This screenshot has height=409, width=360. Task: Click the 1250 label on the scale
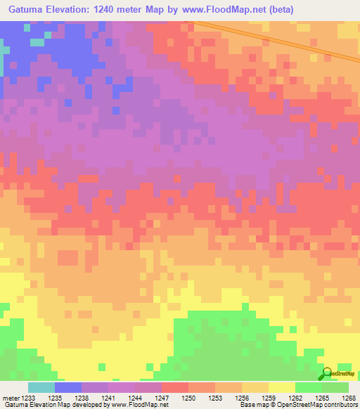pos(188,398)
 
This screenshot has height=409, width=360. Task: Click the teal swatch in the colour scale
pos(41,387)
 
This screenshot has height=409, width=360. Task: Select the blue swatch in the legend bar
pos(68,387)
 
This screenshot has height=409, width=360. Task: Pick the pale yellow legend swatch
pos(281,387)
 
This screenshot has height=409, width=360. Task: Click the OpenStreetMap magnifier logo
pos(327,372)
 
